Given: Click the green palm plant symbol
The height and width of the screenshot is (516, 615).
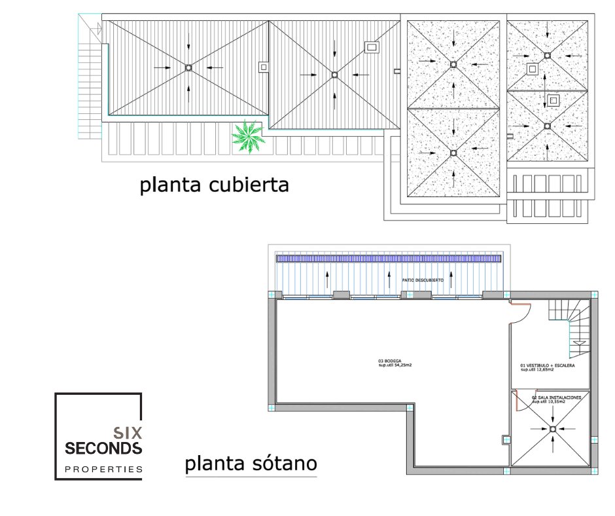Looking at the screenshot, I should [x=247, y=137].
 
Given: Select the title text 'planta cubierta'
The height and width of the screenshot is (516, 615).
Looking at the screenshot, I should [x=214, y=185].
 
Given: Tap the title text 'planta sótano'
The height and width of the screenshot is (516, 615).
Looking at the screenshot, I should [x=251, y=464].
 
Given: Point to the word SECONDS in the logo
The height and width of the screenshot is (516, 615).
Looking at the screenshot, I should [x=103, y=449].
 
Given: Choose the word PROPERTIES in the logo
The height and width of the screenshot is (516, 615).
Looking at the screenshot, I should [x=103, y=470].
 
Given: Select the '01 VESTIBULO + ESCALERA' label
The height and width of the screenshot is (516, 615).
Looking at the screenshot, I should [x=548, y=365].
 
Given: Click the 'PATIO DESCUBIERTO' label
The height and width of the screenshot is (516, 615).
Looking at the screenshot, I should [x=423, y=280].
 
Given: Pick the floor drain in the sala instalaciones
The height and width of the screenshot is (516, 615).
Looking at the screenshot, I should [x=553, y=429].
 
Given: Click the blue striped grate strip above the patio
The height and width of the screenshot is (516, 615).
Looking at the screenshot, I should [x=390, y=259].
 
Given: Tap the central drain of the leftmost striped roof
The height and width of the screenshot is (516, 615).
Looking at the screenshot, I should [x=188, y=67].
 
